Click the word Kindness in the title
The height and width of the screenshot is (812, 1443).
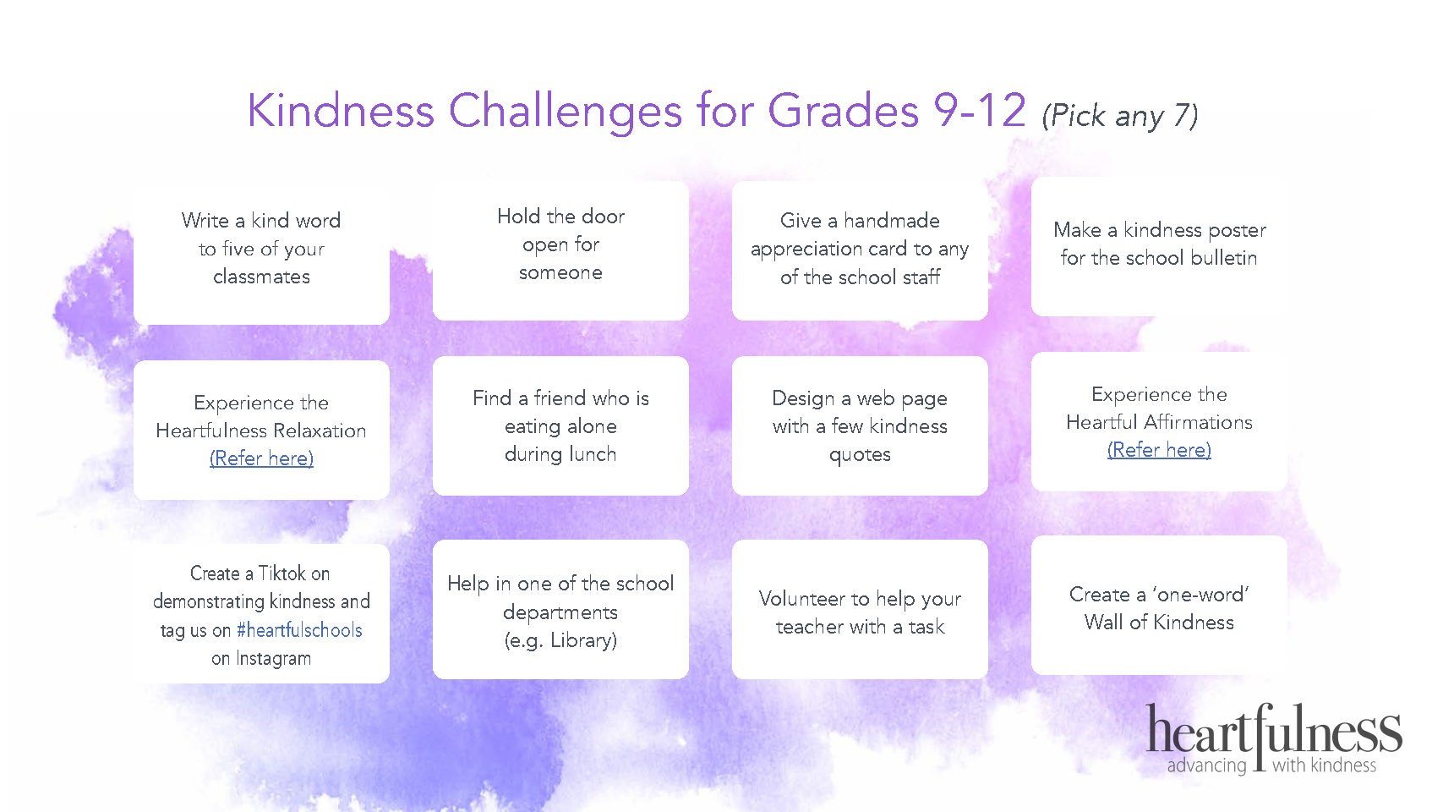click(x=341, y=110)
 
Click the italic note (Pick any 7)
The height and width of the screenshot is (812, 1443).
click(x=1120, y=116)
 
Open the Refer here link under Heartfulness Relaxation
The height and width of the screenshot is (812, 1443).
click(x=261, y=458)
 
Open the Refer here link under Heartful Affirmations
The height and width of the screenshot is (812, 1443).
click(x=1159, y=450)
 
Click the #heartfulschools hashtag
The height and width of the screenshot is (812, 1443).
click(x=299, y=629)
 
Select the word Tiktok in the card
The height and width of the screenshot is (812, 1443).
click(x=282, y=573)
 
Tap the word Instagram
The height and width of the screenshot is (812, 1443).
click(x=273, y=658)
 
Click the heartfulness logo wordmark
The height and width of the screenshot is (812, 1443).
click(x=1274, y=730)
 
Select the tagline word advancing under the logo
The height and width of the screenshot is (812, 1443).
click(x=1206, y=765)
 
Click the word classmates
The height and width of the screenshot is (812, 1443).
click(x=261, y=277)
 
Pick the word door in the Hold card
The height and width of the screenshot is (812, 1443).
click(x=603, y=217)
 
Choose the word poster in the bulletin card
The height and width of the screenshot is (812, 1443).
click(x=1238, y=230)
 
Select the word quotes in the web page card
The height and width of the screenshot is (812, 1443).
click(x=860, y=455)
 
